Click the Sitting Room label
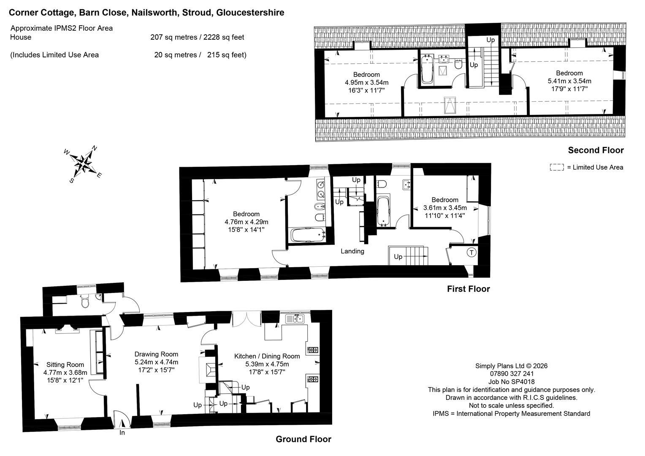pos(65,365)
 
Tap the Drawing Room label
pos(156,354)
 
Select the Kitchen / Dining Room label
pos(267,356)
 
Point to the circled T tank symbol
pos(472,252)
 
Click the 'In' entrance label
pos(122,433)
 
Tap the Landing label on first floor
pos(352,251)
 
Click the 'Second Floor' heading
pos(596,150)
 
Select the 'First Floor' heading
pos(469,289)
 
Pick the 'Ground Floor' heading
pos(304,439)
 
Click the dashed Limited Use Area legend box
pos(557,167)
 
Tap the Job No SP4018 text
pos(511,382)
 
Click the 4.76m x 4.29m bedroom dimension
pos(247,222)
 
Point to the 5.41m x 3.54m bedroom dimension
pos(569,81)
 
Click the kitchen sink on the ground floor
pos(295,319)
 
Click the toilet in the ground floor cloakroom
pos(85,301)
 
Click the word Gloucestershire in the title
pos(250,12)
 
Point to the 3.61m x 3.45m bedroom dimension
pos(445,208)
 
